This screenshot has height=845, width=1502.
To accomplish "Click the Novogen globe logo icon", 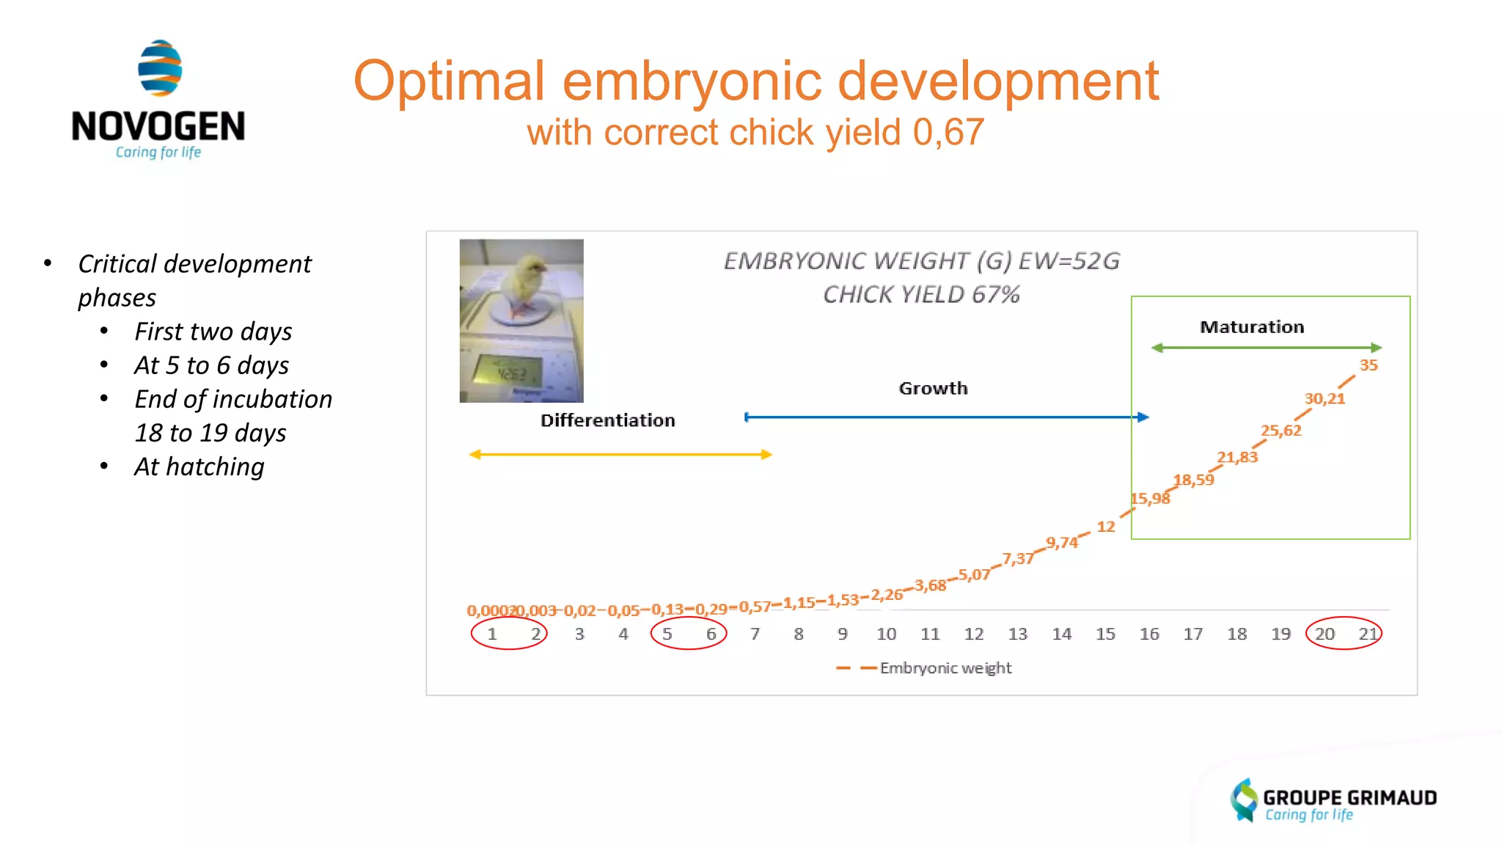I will coord(160,68).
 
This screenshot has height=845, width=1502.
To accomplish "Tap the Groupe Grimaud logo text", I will coord(1349,798).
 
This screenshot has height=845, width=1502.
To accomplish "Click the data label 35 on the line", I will coord(1369,365).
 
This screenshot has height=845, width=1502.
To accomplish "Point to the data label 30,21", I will coord(1325,399).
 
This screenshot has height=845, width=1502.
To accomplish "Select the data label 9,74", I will coord(1062,543).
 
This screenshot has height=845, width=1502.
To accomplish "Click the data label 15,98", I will coord(1150,499).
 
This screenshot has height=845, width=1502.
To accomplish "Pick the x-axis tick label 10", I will coord(886,634).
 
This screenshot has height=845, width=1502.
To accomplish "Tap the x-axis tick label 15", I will coord(1105,634).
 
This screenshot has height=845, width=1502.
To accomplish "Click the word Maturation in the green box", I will coord(1252,327).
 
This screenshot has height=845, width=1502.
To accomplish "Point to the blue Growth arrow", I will coord(946,417).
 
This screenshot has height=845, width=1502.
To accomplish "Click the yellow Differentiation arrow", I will coord(620,455).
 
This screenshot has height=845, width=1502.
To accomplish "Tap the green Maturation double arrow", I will coord(1267,348).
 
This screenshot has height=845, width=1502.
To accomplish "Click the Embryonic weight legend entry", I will coord(945,668).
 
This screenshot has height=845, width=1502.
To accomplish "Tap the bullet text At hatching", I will coord(199,467).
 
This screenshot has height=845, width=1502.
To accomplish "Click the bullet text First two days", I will coord(213,332).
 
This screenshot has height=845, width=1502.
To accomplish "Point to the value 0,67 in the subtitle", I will coord(948,133).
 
